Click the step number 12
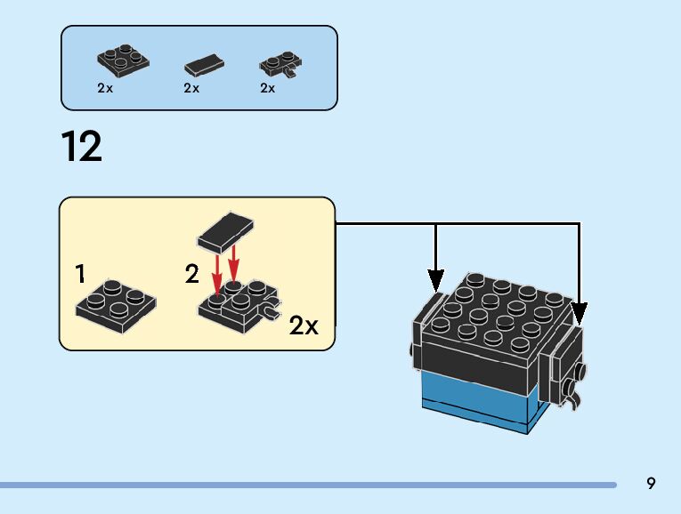[82, 147]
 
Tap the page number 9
[651, 484]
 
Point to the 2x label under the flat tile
[191, 88]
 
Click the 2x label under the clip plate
[267, 88]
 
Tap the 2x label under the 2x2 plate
[105, 88]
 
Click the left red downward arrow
[216, 275]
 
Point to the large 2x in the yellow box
[304, 326]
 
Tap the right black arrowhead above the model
[580, 314]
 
